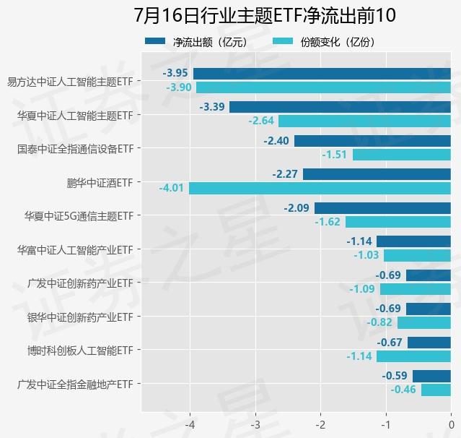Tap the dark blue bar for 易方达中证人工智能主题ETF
coord(322,73)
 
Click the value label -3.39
coord(213,107)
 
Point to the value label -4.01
coord(172,188)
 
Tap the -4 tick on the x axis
coord(190,424)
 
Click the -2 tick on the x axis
coord(320,424)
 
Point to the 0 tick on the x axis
coord(451,424)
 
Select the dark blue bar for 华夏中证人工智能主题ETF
coord(340,107)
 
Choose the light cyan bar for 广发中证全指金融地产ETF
coord(436,390)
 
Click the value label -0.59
coord(395,376)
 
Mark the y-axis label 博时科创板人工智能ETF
coord(79,351)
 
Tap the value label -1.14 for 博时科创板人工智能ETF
coord(359,356)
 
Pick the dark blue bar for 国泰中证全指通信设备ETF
coord(372,140)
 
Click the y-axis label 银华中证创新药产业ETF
coord(79,317)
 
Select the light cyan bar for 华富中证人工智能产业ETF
coord(417,255)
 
